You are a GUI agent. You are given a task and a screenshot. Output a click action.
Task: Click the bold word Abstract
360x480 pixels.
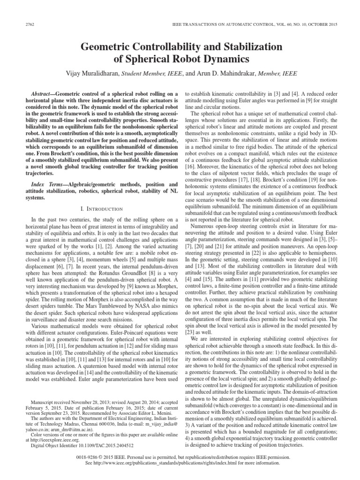tap(40, 93)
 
